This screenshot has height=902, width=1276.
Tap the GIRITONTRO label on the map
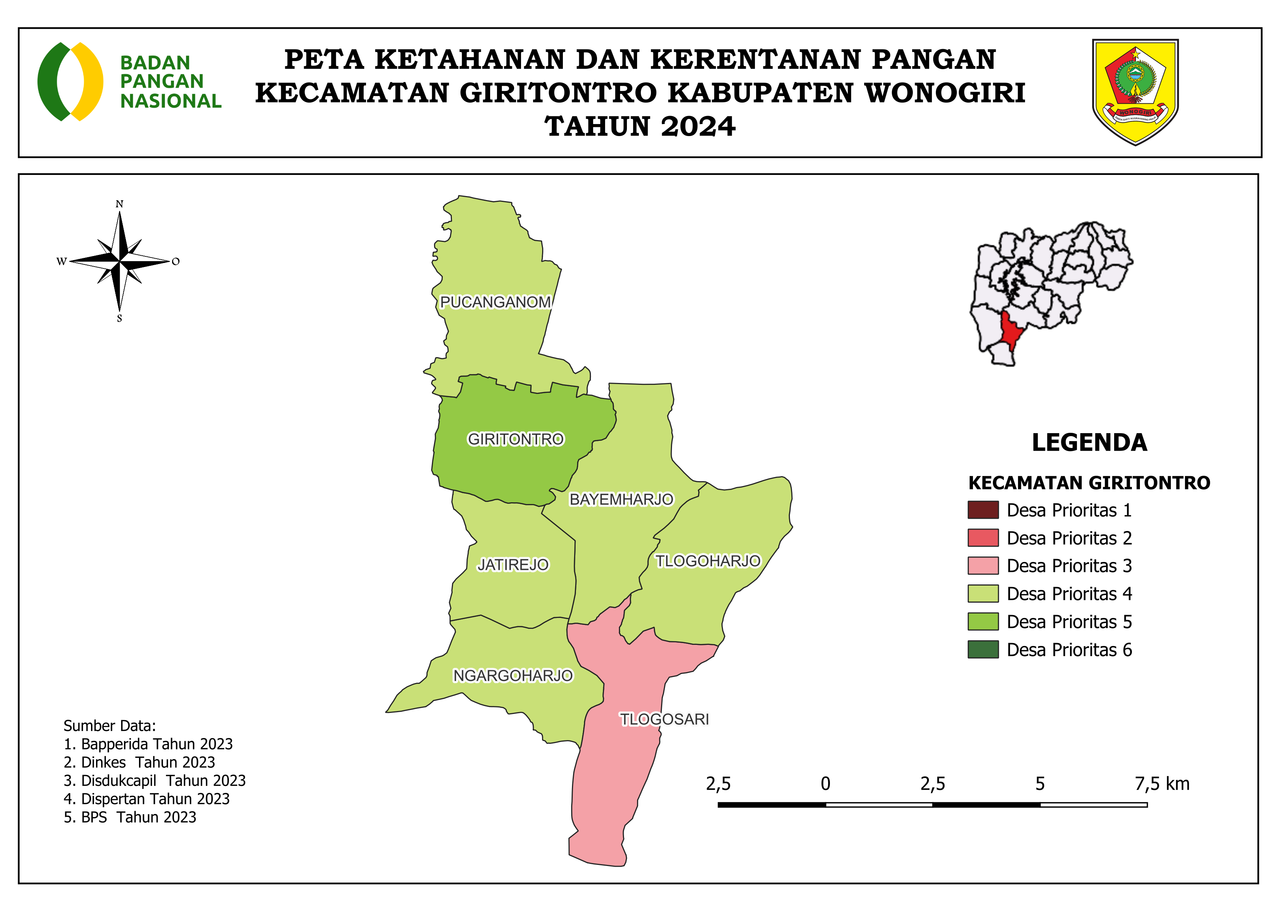pyautogui.click(x=515, y=439)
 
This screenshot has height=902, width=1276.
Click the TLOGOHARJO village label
pyautogui.click(x=707, y=561)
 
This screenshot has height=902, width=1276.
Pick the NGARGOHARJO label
pyautogui.click(x=512, y=675)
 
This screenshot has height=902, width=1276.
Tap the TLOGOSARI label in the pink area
pyautogui.click(x=664, y=719)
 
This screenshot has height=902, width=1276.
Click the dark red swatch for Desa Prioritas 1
pyautogui.click(x=983, y=510)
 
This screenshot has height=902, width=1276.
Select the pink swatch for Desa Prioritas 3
pyautogui.click(x=983, y=566)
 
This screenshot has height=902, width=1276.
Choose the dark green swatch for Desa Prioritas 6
pyautogui.click(x=983, y=649)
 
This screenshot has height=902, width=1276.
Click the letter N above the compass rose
pyautogui.click(x=119, y=204)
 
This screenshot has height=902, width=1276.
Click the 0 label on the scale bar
pyautogui.click(x=825, y=784)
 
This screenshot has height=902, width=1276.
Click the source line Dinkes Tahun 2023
pyautogui.click(x=139, y=762)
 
